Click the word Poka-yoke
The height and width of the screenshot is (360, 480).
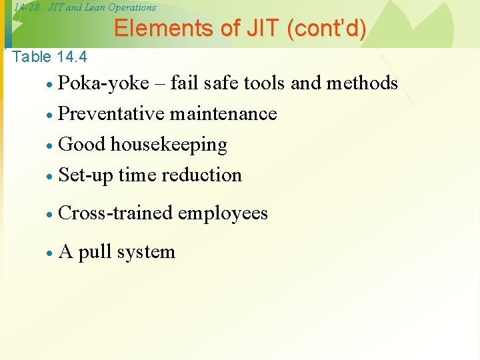coord(103,83)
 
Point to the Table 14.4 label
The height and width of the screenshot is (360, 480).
coord(49,57)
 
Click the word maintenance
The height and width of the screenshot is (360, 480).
coord(223,114)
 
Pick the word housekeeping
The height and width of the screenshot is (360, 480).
coord(169,145)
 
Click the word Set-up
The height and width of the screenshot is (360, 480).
coord(86,175)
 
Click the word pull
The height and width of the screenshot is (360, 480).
coord(95,252)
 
